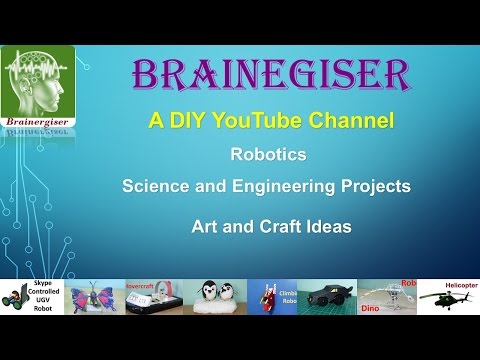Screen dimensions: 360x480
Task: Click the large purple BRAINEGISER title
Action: coord(270,75)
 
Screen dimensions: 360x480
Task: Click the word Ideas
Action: coord(330,227)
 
